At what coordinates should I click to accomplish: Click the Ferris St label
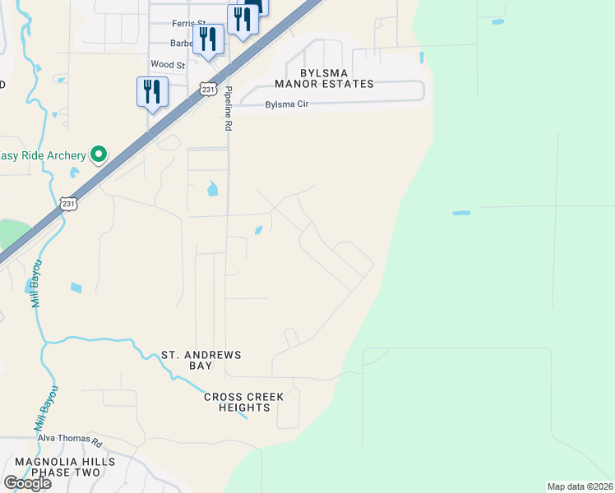(188, 24)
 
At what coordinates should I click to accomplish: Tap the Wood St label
(168, 64)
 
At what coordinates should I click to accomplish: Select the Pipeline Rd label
(229, 109)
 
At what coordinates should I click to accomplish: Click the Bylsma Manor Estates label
(325, 78)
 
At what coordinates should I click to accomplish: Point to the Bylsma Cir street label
(285, 104)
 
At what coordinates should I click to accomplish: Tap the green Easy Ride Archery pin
(99, 154)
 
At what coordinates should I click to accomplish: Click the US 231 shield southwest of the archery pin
(68, 205)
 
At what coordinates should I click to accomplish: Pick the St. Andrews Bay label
(201, 360)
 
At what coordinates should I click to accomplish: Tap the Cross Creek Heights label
(244, 402)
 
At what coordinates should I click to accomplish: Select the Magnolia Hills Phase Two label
(65, 468)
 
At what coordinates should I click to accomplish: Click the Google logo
(27, 483)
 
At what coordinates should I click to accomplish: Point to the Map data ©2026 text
(580, 486)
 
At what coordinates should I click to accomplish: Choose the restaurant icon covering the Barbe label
(208, 39)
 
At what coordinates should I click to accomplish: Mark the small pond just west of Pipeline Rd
(213, 188)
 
